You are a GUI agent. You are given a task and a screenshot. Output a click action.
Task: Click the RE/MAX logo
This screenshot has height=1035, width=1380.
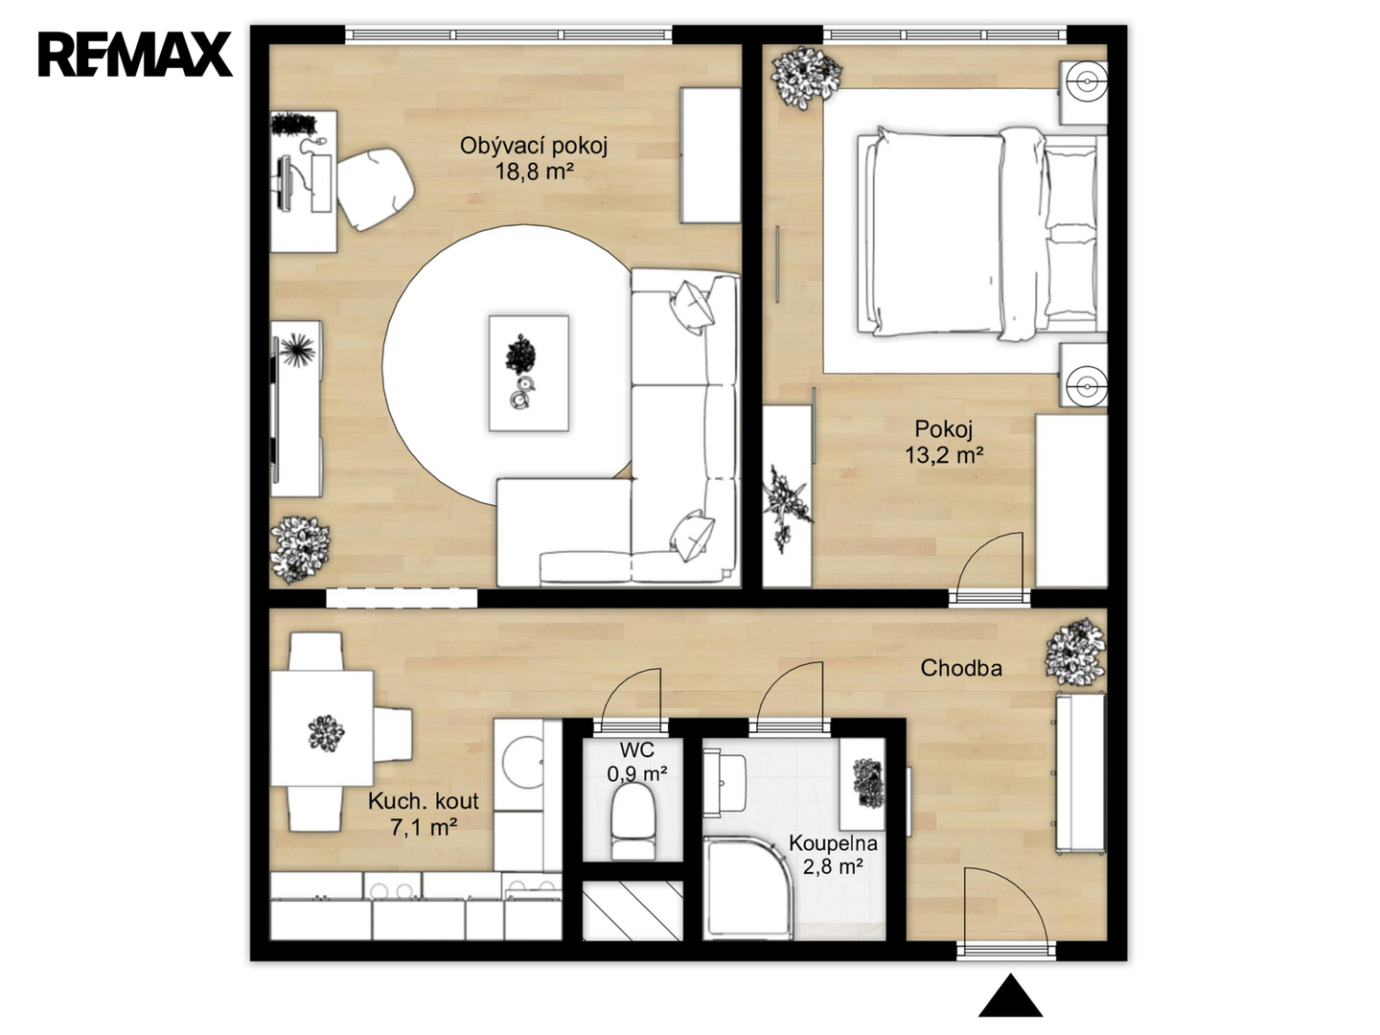(135, 55)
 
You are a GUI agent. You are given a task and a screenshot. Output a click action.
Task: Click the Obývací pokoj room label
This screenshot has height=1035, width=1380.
(534, 147)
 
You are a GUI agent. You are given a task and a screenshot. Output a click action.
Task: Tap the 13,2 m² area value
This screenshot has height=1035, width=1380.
(944, 455)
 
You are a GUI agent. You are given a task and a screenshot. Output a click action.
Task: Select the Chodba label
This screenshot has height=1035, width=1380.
(960, 668)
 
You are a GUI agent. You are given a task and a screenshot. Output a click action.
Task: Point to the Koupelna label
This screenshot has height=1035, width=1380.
(833, 842)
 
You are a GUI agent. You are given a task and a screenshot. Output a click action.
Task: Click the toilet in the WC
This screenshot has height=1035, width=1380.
(633, 824)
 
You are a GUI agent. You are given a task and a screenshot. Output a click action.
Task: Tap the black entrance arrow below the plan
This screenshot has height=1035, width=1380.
(1010, 996)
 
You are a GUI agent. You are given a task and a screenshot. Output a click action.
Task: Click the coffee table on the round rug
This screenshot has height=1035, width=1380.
(529, 374)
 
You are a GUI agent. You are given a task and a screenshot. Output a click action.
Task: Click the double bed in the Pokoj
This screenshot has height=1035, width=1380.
(980, 234)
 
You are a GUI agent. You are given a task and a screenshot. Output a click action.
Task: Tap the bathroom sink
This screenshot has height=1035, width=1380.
(724, 783)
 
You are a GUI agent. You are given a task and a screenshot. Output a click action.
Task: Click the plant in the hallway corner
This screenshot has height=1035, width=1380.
(1074, 652)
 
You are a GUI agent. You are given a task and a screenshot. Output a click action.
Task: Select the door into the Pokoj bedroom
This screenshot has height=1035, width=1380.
(988, 563)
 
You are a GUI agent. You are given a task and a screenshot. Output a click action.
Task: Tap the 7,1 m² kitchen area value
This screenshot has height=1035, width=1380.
(424, 828)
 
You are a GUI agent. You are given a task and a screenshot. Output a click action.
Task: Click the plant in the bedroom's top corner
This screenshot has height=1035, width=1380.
(805, 78)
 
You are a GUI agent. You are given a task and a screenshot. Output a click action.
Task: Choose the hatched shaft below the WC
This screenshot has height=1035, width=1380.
(632, 910)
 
